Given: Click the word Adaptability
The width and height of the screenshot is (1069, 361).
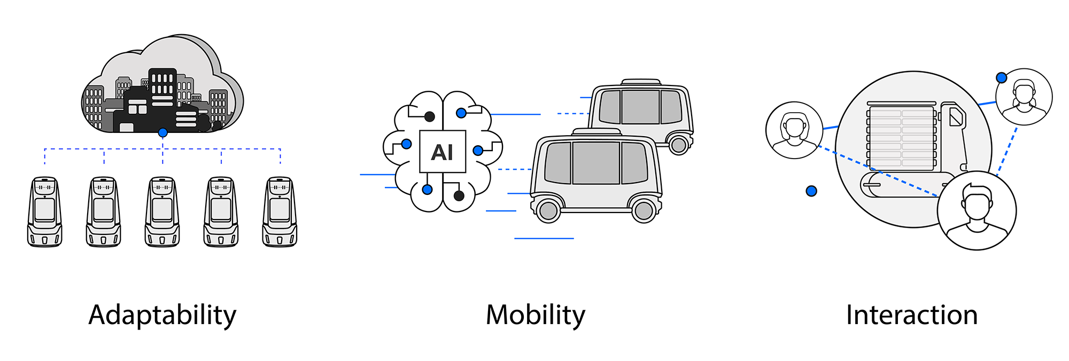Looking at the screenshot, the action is (162, 316).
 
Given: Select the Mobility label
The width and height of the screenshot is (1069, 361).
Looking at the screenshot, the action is (536, 316).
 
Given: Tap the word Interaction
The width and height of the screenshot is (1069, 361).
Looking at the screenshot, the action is (912, 315).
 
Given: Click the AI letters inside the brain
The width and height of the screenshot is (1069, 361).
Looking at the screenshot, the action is (442, 152).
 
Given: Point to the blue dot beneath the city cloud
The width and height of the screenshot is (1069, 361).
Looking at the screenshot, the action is (163, 132).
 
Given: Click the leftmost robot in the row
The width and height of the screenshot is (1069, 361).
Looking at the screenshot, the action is (45, 212).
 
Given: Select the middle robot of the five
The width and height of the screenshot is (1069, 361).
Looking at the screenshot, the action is (162, 212).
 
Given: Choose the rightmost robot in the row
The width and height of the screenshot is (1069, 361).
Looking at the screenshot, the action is (280, 212).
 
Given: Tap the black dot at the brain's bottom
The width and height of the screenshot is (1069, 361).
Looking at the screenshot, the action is (459, 196).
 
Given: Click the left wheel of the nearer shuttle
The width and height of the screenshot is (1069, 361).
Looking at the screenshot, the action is (548, 210).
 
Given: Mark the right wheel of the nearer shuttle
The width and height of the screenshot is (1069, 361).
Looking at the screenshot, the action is (644, 210).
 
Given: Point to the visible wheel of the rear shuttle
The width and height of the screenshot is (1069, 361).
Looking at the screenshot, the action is (679, 145).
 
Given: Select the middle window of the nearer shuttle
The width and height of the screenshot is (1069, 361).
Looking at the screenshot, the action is (596, 163).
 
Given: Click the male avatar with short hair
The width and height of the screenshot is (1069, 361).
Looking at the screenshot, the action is (977, 210).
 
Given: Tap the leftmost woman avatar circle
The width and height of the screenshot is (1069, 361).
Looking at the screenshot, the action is (794, 130).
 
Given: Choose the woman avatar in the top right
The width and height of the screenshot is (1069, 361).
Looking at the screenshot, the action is (1024, 97).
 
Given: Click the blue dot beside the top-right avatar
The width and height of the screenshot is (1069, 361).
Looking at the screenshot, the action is (1002, 78).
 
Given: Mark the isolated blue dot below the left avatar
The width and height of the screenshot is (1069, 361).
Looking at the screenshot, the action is (811, 191).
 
